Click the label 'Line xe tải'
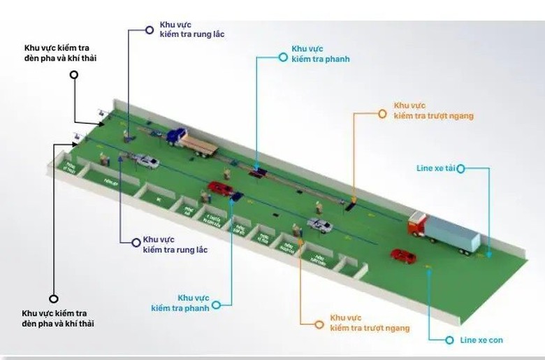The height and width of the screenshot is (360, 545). (435, 168)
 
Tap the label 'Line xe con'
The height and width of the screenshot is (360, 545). (481, 340)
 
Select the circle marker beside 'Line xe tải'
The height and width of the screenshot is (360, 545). (461, 168)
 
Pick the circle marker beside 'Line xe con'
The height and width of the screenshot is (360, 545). (451, 340)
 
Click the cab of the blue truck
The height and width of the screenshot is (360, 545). (177, 136)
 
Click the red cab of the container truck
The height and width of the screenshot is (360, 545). (418, 224)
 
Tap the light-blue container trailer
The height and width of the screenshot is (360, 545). (453, 233)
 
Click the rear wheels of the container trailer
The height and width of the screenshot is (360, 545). (468, 250)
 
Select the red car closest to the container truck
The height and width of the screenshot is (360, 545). (403, 256)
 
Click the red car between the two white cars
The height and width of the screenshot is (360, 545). (221, 189)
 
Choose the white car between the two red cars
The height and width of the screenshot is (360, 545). (319, 226)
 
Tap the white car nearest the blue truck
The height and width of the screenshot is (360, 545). (146, 162)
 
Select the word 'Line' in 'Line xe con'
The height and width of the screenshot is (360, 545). (469, 340)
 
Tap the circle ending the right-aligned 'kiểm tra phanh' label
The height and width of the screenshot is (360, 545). (217, 304)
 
